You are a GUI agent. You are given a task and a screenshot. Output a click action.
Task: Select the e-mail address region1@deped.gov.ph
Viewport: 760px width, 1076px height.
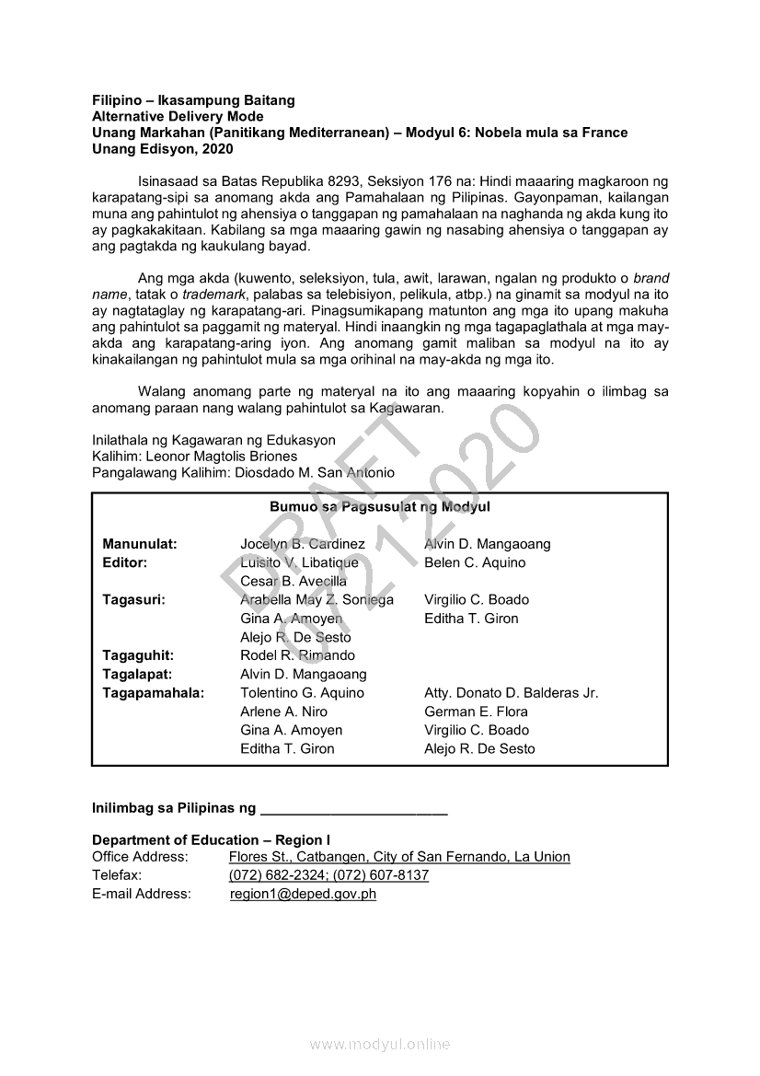303,894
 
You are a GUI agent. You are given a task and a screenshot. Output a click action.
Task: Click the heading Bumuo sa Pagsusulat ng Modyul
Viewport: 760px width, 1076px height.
379,507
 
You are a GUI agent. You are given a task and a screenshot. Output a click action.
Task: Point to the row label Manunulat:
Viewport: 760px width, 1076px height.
140,544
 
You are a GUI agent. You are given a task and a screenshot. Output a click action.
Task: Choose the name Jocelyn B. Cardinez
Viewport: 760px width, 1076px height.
303,544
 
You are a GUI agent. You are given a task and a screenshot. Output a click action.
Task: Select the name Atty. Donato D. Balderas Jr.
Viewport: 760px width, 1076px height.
511,693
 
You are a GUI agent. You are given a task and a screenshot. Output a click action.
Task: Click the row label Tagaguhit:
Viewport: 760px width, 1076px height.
138,655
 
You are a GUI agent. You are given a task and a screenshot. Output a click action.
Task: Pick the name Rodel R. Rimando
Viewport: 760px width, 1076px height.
297,655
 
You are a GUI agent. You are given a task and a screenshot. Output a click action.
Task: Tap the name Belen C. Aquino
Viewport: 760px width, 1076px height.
475,562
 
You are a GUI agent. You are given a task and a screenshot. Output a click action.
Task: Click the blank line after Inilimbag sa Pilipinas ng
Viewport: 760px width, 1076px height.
354,810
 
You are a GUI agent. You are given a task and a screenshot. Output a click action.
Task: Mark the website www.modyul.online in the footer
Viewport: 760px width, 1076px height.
380,1044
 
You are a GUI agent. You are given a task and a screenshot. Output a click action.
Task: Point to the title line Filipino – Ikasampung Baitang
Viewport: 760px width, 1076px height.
193,99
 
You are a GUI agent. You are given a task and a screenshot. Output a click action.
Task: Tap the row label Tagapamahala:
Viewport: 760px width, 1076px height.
153,693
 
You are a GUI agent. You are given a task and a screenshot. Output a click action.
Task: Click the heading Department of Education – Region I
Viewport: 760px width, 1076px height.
211,839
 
